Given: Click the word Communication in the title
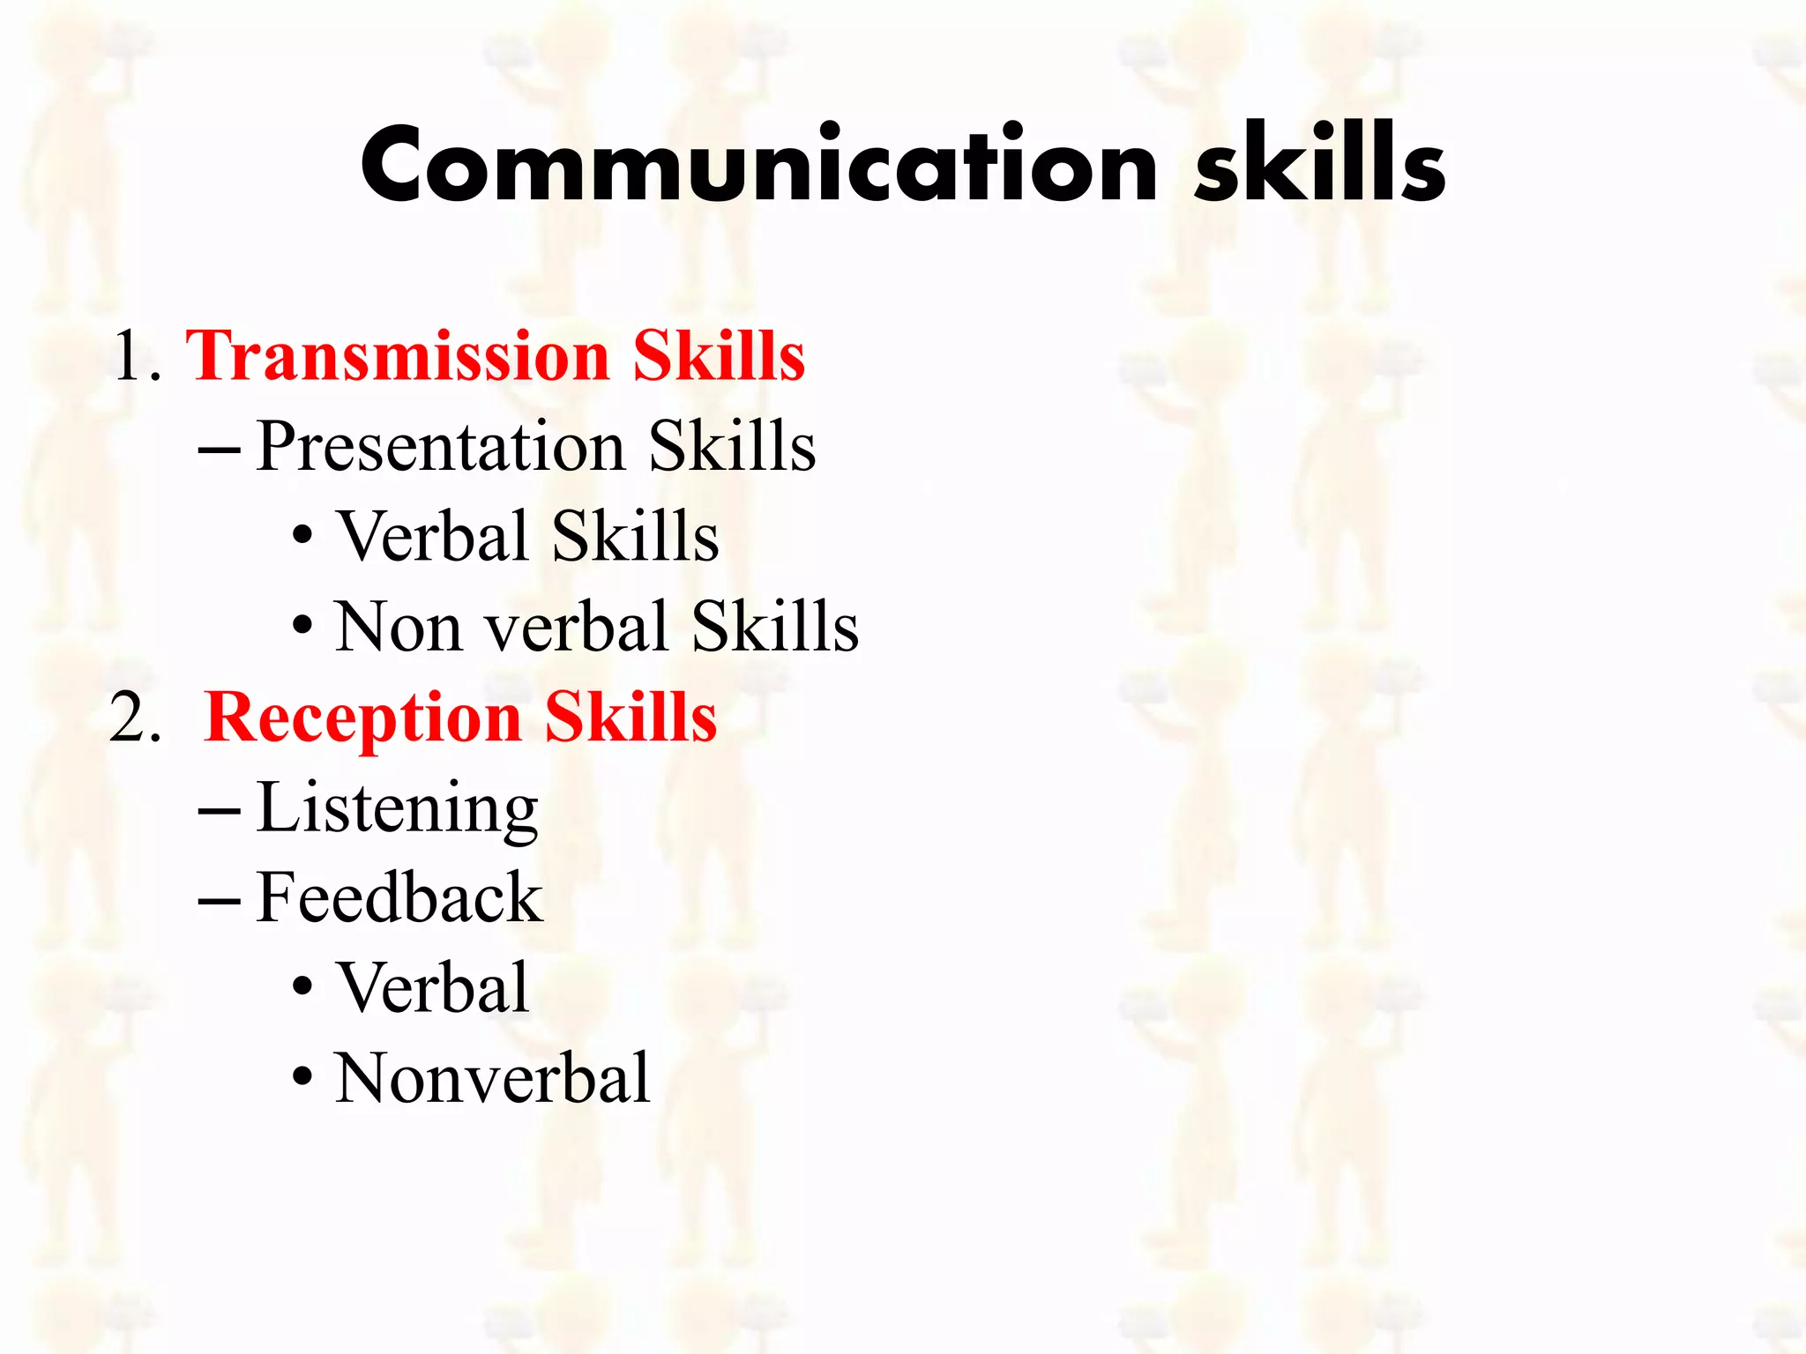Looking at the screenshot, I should click(x=758, y=166).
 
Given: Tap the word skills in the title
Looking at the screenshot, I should click(x=1319, y=164).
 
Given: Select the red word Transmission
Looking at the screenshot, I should click(x=398, y=356).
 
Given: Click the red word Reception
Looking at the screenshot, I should click(x=363, y=718).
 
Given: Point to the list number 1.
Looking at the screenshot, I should click(x=131, y=356).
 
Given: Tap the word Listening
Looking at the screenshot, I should click(x=397, y=809).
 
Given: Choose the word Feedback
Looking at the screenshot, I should click(x=399, y=898).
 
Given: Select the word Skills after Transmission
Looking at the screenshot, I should click(x=719, y=356).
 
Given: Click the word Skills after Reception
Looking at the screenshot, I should click(x=631, y=718).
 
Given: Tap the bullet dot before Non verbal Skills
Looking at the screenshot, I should click(x=302, y=626).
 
